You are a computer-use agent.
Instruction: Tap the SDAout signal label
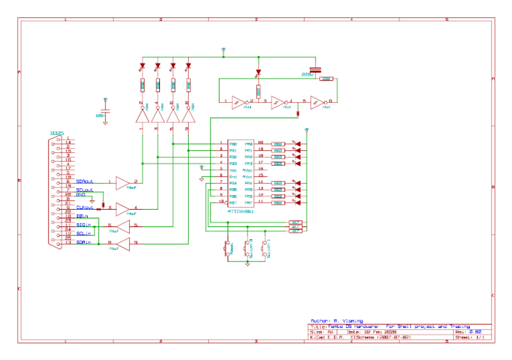click(x=84, y=182)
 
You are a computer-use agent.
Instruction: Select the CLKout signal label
click(x=84, y=207)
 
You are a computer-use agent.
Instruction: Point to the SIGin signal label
click(x=83, y=225)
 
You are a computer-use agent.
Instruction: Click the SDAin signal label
click(x=83, y=242)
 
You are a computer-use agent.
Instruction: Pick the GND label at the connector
click(x=81, y=194)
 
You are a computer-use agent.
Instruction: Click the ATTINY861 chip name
click(x=241, y=210)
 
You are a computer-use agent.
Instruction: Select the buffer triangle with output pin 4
click(x=122, y=208)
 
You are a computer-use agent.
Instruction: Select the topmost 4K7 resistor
click(x=296, y=223)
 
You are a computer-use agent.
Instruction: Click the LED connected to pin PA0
click(x=296, y=144)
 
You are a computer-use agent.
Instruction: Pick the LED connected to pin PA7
click(x=296, y=203)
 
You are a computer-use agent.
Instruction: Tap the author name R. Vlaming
click(x=348, y=320)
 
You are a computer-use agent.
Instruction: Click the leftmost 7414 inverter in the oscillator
click(x=237, y=101)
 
